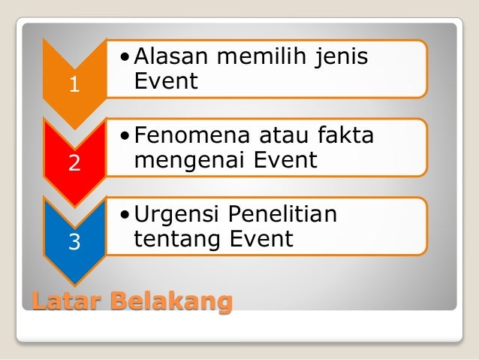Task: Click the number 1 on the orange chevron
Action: coord(74,85)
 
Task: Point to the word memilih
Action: coord(263,56)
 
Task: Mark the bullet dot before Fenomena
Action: coord(125,136)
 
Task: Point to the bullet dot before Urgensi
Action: coord(125,215)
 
